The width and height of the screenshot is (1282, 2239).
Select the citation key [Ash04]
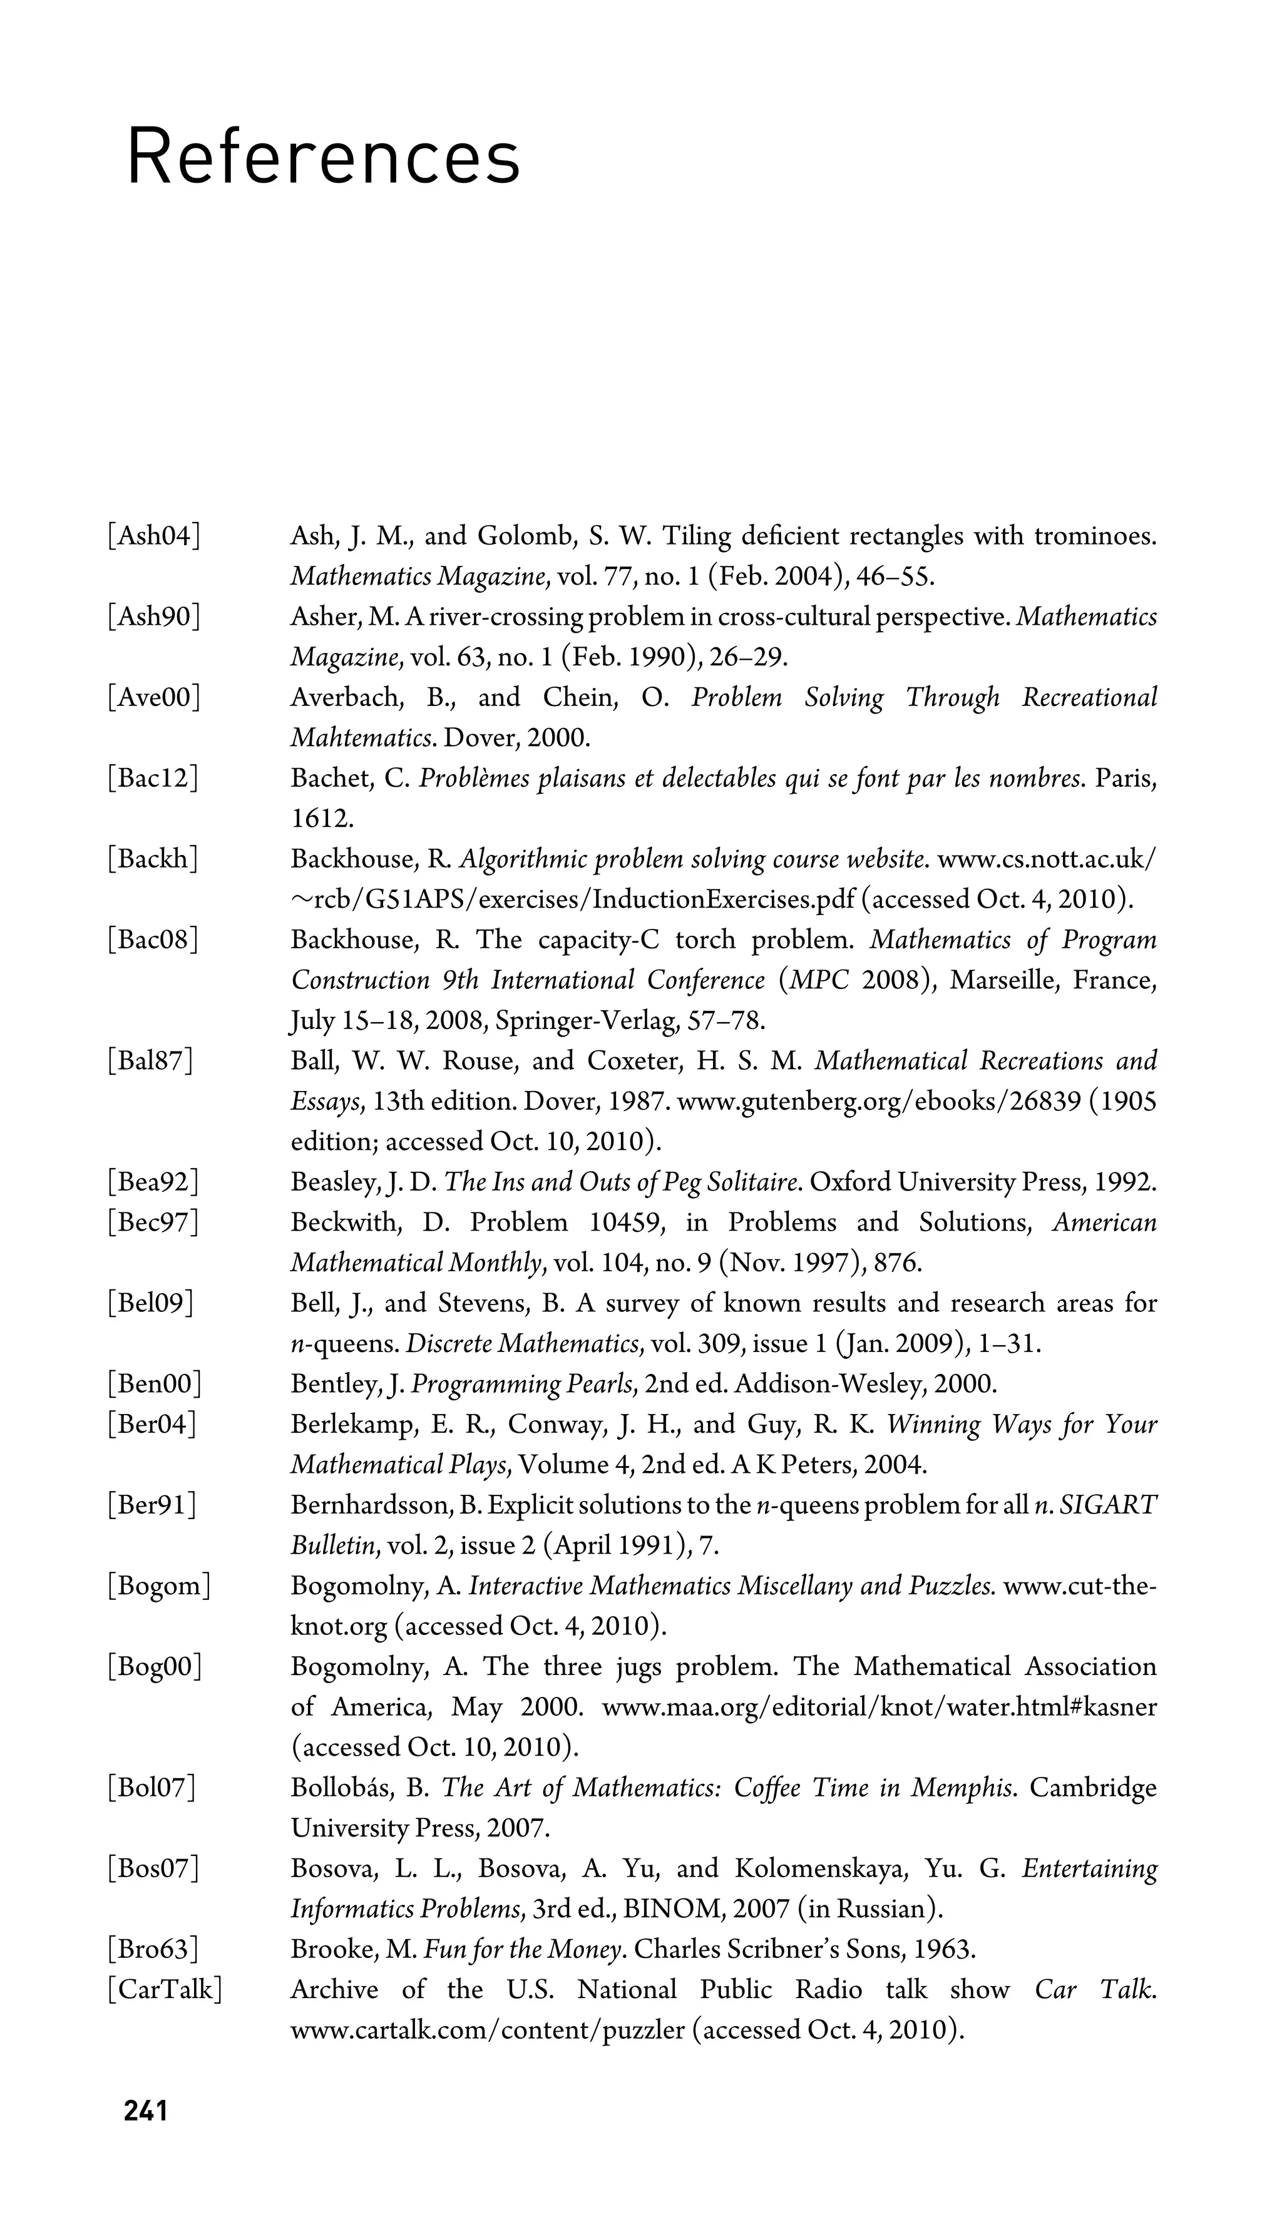coord(153,535)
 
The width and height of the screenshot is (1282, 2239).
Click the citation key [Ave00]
coord(153,697)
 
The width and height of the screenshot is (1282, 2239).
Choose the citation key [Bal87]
coord(150,1061)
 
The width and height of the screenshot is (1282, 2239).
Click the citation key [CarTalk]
coord(165,1990)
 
